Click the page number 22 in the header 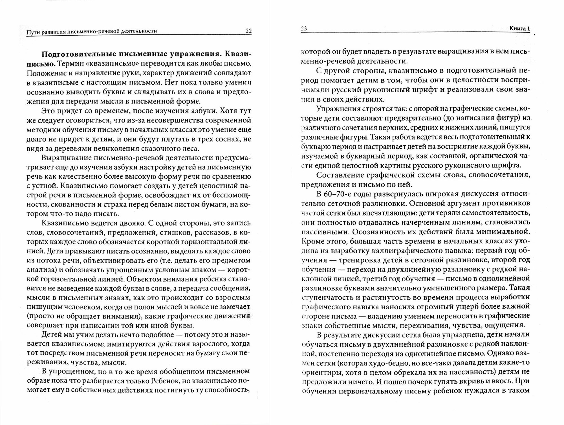248,31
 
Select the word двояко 128,223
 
